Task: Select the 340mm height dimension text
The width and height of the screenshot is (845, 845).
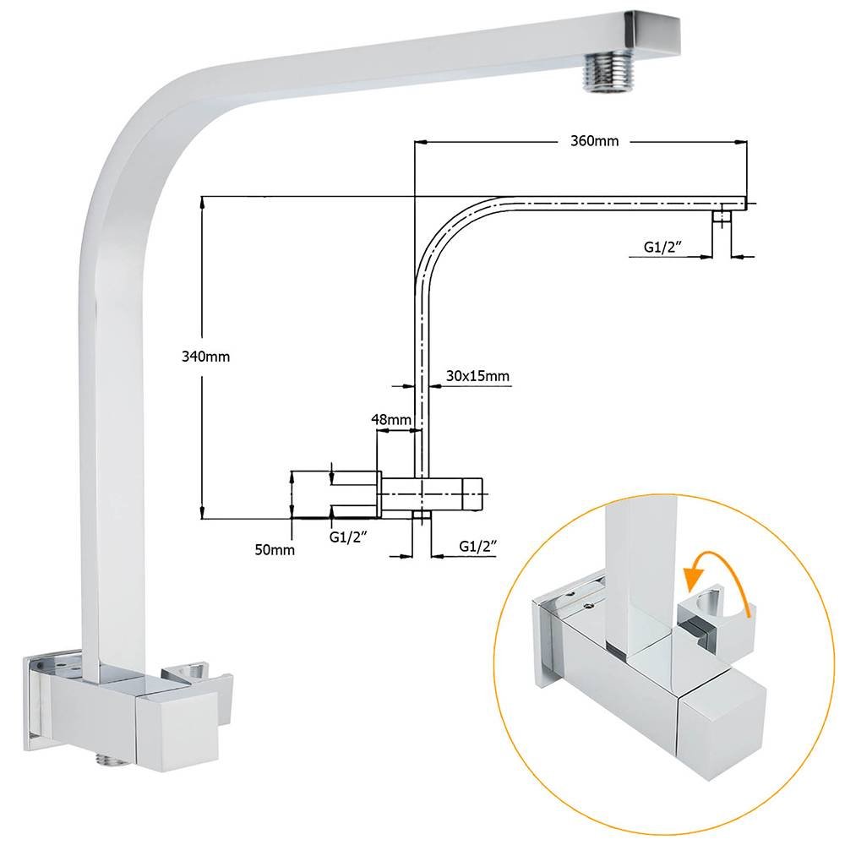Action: click(x=206, y=357)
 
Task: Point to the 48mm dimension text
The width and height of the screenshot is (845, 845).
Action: click(x=390, y=419)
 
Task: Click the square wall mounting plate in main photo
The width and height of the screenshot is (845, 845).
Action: click(x=38, y=693)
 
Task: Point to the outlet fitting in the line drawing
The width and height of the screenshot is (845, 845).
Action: click(x=720, y=218)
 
